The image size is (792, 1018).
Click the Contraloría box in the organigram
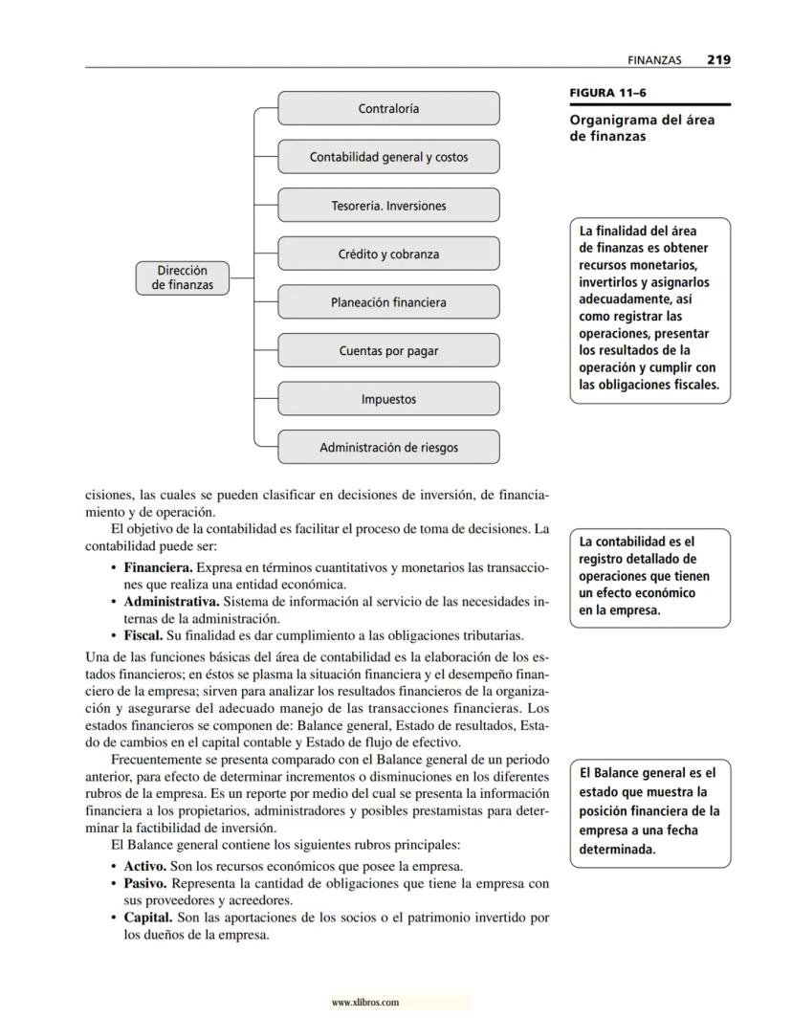point(388,108)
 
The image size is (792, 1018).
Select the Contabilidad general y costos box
point(388,157)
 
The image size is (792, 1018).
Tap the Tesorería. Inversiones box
point(388,206)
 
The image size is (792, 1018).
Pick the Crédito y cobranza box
point(388,254)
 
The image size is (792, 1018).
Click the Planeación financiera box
point(388,302)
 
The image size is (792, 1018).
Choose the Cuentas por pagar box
point(388,351)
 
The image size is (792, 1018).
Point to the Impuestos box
point(388,399)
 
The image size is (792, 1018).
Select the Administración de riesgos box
point(388,447)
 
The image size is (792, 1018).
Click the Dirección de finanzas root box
point(182,277)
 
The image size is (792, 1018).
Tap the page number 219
point(718,59)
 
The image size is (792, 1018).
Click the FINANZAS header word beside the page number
point(654,60)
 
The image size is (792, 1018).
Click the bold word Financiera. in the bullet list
point(158,568)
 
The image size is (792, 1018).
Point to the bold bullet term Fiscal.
point(142,634)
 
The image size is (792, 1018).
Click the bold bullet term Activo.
point(145,865)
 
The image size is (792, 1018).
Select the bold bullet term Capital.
point(148,918)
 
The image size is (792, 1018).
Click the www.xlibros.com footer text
point(364,1002)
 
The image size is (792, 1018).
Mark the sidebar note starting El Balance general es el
point(649,810)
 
